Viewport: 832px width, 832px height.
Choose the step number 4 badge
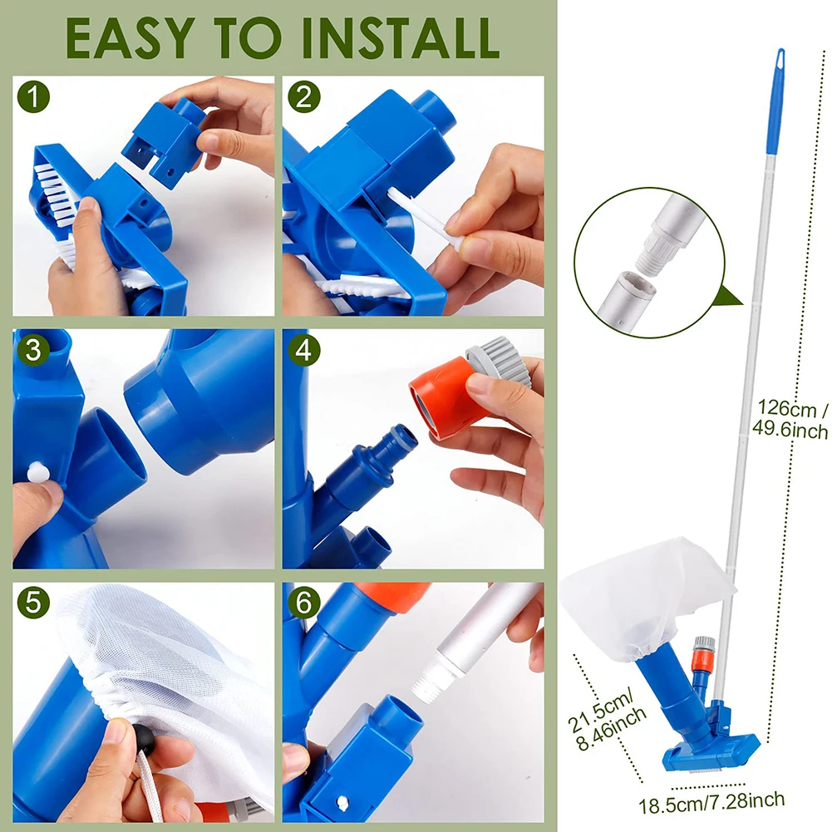coord(304,350)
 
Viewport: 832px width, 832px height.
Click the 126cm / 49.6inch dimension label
coord(790,420)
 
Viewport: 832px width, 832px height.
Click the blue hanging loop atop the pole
coord(779,62)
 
